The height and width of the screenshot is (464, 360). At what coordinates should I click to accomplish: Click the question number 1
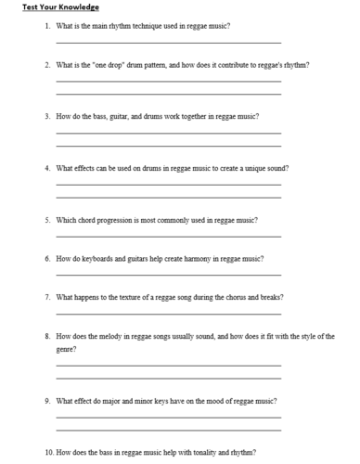pos(46,26)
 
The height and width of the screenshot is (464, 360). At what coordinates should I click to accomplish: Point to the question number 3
pos(46,117)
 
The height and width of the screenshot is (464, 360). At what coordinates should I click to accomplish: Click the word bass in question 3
pos(100,117)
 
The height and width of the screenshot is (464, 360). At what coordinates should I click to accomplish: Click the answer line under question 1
pos(168,43)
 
